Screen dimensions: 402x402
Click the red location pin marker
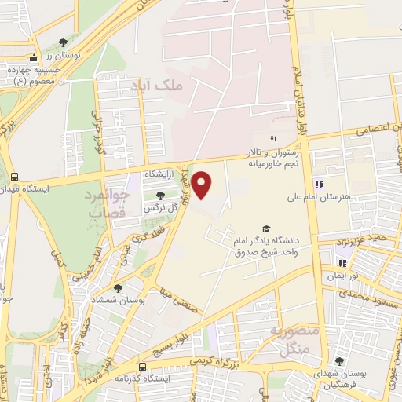[x=203, y=185]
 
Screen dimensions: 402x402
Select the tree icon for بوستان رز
[x=63, y=42]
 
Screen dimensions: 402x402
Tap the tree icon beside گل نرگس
[x=161, y=195]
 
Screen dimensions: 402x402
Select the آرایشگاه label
[x=159, y=172]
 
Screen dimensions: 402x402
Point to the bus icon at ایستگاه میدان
[x=14, y=177]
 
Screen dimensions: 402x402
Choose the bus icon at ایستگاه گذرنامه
[x=142, y=367]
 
